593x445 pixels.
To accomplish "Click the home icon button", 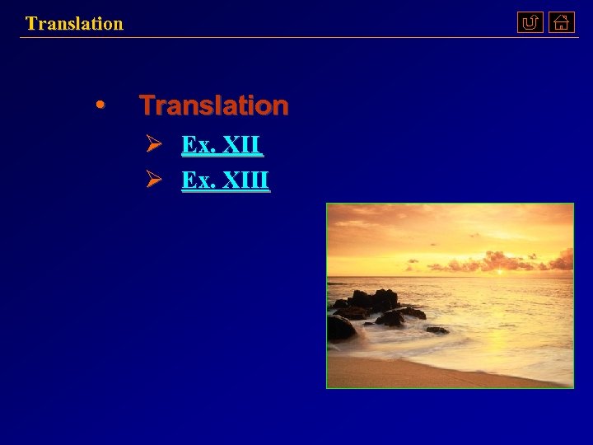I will coord(561,23).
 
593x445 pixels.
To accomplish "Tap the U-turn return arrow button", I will coord(530,23).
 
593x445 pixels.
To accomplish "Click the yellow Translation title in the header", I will coord(74,23).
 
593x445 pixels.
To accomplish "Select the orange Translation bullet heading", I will coord(213,105).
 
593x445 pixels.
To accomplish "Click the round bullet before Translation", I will coord(100,105).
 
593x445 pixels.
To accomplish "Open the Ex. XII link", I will coord(222,146).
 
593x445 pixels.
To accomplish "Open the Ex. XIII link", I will coord(225,179).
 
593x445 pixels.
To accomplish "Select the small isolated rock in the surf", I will coord(437,330).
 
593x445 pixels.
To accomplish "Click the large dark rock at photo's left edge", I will coord(339,328).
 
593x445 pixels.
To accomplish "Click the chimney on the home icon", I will coord(566,17).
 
